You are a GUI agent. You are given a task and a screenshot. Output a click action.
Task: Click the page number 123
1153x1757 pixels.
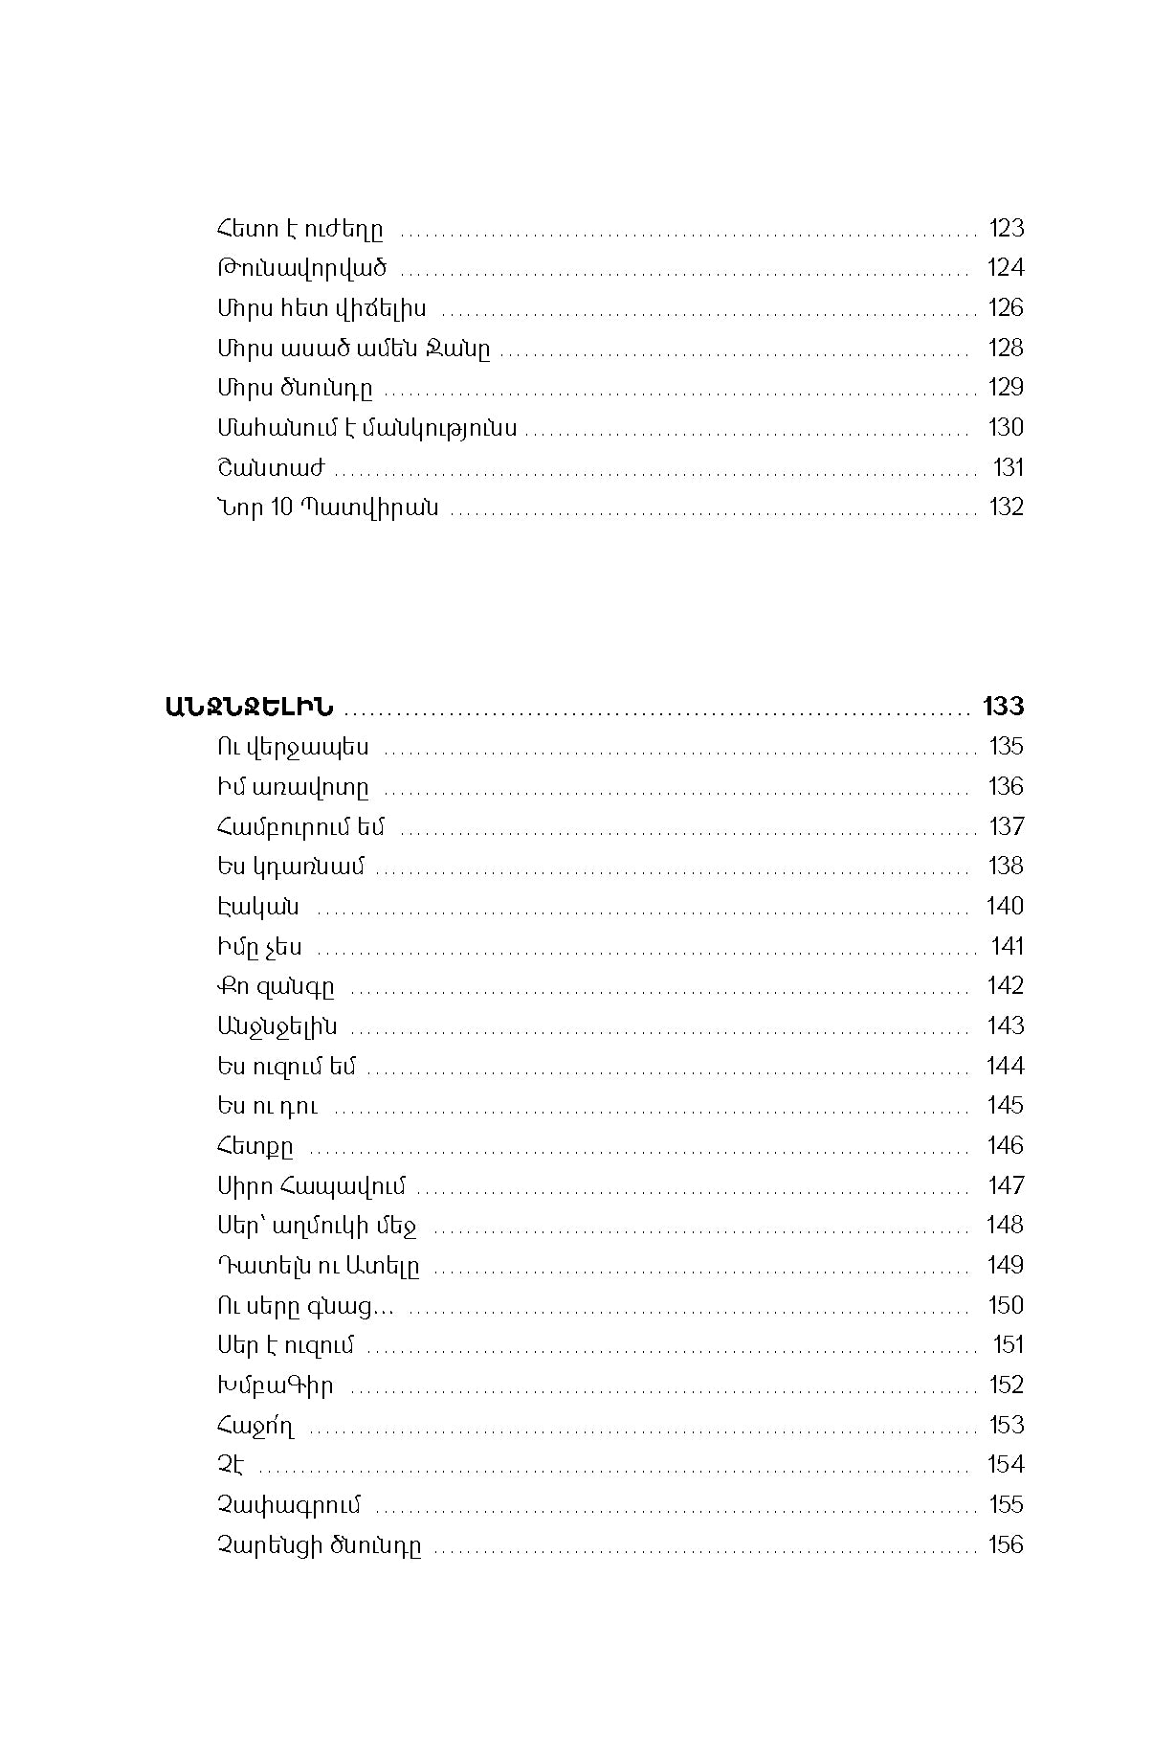pyautogui.click(x=1006, y=228)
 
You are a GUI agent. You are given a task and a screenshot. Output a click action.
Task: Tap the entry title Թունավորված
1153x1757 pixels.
pyautogui.click(x=301, y=268)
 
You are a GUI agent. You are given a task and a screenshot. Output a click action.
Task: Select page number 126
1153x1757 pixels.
pyautogui.click(x=1006, y=308)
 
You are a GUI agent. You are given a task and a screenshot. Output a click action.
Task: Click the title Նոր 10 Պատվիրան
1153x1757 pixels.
pyautogui.click(x=328, y=507)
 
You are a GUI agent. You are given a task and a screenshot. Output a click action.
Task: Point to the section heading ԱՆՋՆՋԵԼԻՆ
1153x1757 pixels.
pyautogui.click(x=249, y=707)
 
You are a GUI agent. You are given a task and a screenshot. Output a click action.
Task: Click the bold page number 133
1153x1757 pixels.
pyautogui.click(x=1003, y=707)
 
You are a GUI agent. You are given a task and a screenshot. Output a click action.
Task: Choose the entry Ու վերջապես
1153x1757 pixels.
pyautogui.click(x=293, y=747)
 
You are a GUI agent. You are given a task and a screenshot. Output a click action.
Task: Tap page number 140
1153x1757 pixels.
pyautogui.click(x=1005, y=906)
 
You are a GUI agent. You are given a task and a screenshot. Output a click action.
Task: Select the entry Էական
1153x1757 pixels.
pyautogui.click(x=257, y=907)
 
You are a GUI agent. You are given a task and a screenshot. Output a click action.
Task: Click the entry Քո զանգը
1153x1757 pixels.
pyautogui.click(x=276, y=986)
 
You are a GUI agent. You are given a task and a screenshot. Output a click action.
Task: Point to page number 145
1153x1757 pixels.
pyautogui.click(x=1005, y=1106)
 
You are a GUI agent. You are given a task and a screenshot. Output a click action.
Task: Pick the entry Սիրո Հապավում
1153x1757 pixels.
pyautogui.click(x=311, y=1186)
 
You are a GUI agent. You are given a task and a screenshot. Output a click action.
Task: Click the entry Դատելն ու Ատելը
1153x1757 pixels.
pyautogui.click(x=318, y=1266)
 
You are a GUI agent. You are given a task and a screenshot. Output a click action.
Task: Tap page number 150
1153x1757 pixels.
pyautogui.click(x=1005, y=1306)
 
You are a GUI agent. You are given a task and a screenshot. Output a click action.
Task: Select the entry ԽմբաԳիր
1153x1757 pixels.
pyautogui.click(x=276, y=1385)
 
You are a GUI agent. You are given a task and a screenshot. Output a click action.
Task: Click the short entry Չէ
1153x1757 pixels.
pyautogui.click(x=231, y=1465)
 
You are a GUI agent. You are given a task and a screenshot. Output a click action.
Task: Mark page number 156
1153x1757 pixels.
pyautogui.click(x=1006, y=1545)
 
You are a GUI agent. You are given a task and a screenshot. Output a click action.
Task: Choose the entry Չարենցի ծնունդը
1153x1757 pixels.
pyautogui.click(x=319, y=1546)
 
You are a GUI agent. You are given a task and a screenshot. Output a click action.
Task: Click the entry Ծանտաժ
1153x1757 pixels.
pyautogui.click(x=271, y=468)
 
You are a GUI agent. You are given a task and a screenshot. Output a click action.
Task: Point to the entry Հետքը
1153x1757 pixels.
pyautogui.click(x=255, y=1146)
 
